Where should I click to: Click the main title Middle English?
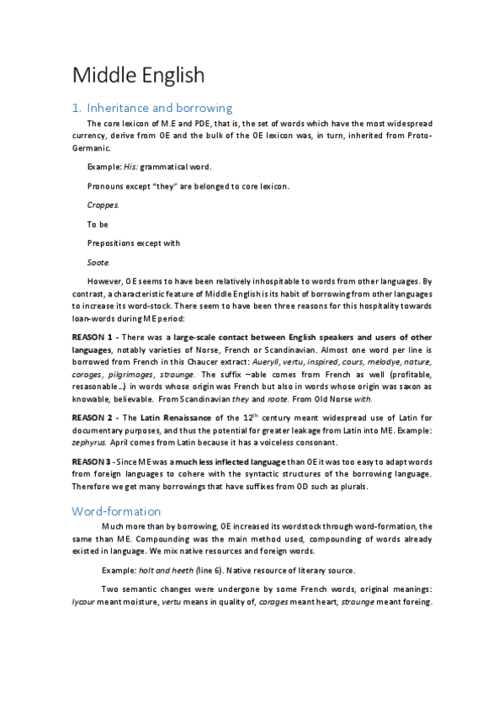coord(138,75)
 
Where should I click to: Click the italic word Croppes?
coord(103,205)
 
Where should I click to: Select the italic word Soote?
coord(98,262)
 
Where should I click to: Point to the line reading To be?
coord(98,224)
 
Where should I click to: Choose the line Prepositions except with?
coord(133,243)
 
